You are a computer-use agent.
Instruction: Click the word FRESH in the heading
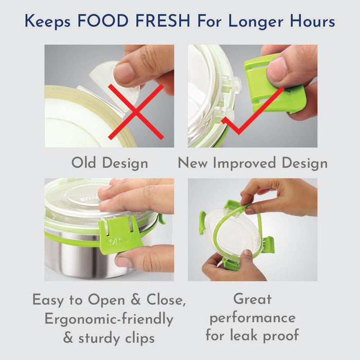163,21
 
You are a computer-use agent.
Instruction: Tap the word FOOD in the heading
103,21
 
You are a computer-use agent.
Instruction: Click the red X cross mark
136,112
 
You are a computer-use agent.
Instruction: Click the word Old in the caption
83,163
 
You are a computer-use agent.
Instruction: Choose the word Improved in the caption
244,164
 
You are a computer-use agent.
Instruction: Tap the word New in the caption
192,163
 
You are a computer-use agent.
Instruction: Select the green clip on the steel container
119,235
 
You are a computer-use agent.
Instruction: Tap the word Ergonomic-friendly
109,319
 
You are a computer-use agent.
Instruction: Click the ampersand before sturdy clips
68,338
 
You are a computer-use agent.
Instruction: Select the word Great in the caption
253,299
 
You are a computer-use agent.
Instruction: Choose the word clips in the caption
140,338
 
